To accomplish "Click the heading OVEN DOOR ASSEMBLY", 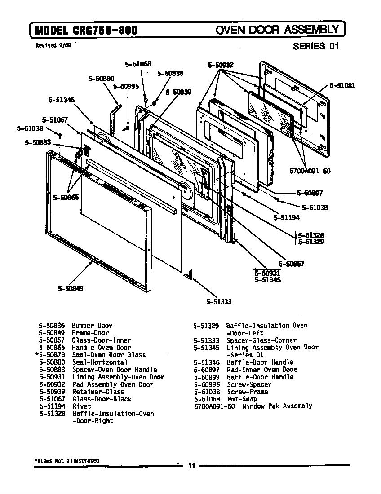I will pyautogui.click(x=277, y=30).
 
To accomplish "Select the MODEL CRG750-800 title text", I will pyautogui.click(x=86, y=31).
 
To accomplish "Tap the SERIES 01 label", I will pyautogui.click(x=316, y=46).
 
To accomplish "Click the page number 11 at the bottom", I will pyautogui.click(x=191, y=466).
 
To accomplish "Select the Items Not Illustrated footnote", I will pyautogui.click(x=66, y=460).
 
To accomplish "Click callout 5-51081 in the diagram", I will pyautogui.click(x=342, y=85).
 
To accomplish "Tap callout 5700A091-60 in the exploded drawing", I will pyautogui.click(x=310, y=171).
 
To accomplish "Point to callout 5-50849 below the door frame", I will pyautogui.click(x=71, y=288).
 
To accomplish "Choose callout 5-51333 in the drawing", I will pyautogui.click(x=219, y=302).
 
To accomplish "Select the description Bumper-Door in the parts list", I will pyautogui.click(x=92, y=326).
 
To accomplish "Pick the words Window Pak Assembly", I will pyautogui.click(x=277, y=406).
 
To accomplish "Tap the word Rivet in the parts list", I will pyautogui.click(x=81, y=406).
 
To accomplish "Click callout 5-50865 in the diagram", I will pyautogui.click(x=66, y=197).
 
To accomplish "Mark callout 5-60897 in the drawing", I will pyautogui.click(x=310, y=193).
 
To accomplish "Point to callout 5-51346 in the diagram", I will pyautogui.click(x=62, y=100).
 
